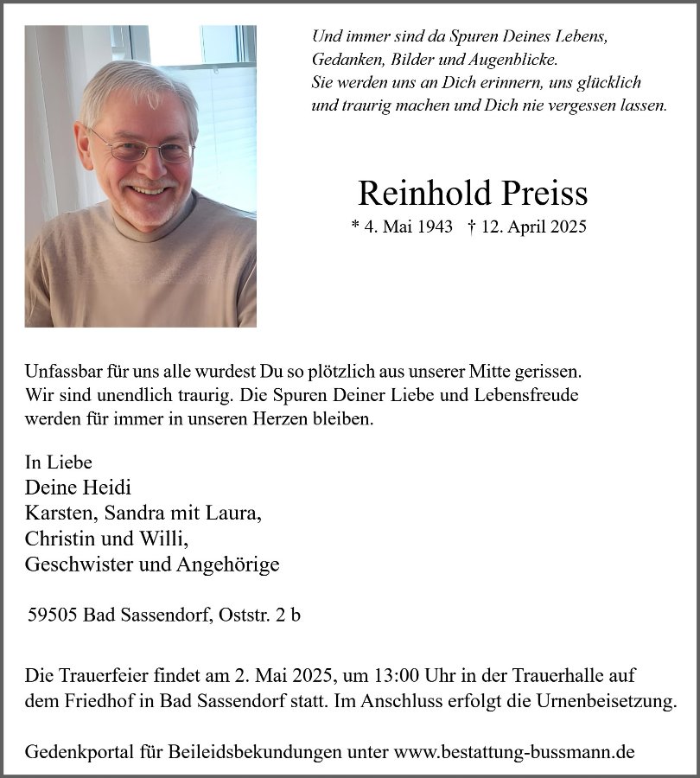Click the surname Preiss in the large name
click(540, 194)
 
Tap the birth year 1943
click(436, 226)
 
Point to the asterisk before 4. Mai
click(354, 226)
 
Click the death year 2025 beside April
click(568, 226)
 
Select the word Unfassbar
click(62, 372)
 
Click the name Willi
click(164, 539)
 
